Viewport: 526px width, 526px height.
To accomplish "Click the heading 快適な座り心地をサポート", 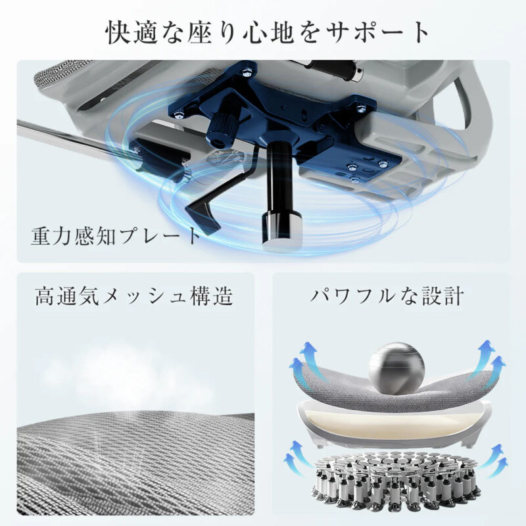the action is click(x=267, y=33).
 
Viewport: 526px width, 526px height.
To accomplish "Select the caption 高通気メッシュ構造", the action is click(x=134, y=295).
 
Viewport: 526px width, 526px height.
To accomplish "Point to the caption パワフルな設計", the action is click(x=387, y=295).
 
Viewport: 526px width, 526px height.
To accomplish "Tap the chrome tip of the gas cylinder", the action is click(x=282, y=229).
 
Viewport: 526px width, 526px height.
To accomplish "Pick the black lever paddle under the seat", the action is click(x=201, y=215).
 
